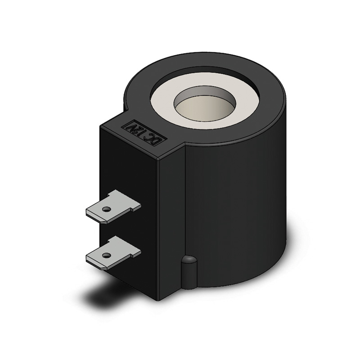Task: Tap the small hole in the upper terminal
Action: click(x=106, y=209)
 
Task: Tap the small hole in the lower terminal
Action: click(x=106, y=255)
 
